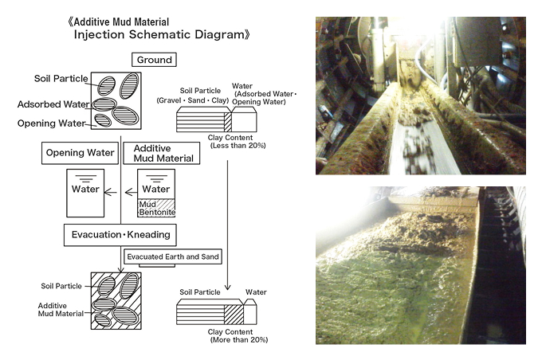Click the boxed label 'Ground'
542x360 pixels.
pos(154,60)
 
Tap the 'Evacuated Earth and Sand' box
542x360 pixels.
pos(172,256)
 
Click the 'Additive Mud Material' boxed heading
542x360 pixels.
pos(162,153)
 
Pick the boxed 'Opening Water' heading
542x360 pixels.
pos(77,152)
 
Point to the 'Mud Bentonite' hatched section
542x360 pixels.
pos(156,208)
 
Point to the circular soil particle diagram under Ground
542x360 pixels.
pos(116,100)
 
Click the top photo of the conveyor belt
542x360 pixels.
pos(420,95)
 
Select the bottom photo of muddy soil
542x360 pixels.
pos(420,265)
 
